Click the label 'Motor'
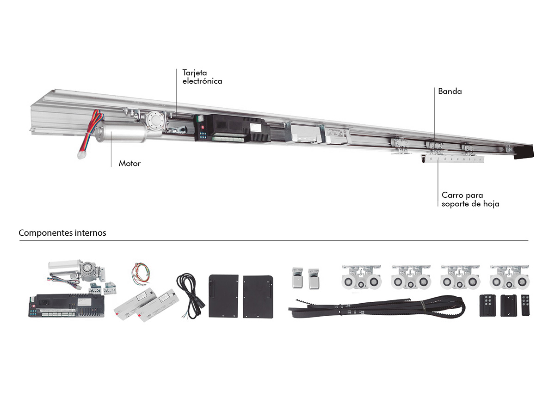129,163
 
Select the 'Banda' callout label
450,92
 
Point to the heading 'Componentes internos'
62,233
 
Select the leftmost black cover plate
223,296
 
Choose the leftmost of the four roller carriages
361,279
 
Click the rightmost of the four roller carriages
509,279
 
